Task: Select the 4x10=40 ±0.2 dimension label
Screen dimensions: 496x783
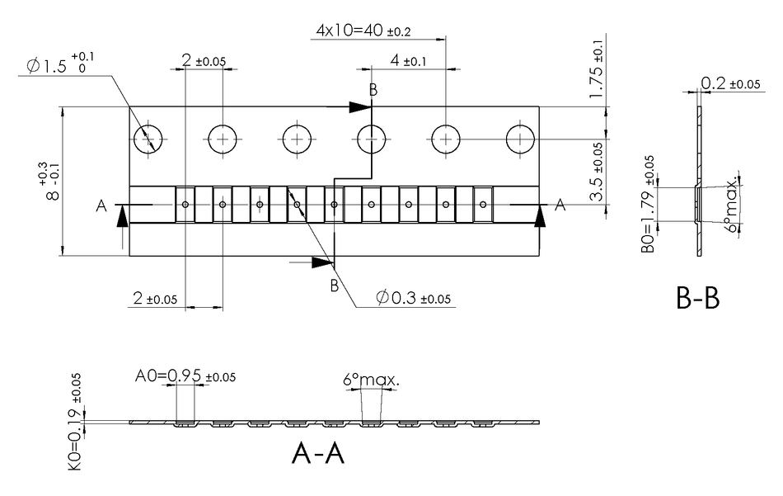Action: click(363, 31)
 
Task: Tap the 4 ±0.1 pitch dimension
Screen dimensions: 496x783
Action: click(403, 61)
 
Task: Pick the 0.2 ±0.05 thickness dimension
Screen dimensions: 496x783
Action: click(729, 83)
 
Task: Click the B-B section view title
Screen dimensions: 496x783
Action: click(697, 298)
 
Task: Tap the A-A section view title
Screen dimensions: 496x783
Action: click(317, 453)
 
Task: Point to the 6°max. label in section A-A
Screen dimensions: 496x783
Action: click(371, 381)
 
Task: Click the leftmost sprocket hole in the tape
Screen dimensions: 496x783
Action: click(148, 139)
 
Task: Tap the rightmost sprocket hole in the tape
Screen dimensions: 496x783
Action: click(521, 139)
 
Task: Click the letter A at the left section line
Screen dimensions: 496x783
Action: click(101, 205)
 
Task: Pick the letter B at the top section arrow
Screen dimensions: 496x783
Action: click(373, 90)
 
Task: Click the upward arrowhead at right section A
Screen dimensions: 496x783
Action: click(541, 215)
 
